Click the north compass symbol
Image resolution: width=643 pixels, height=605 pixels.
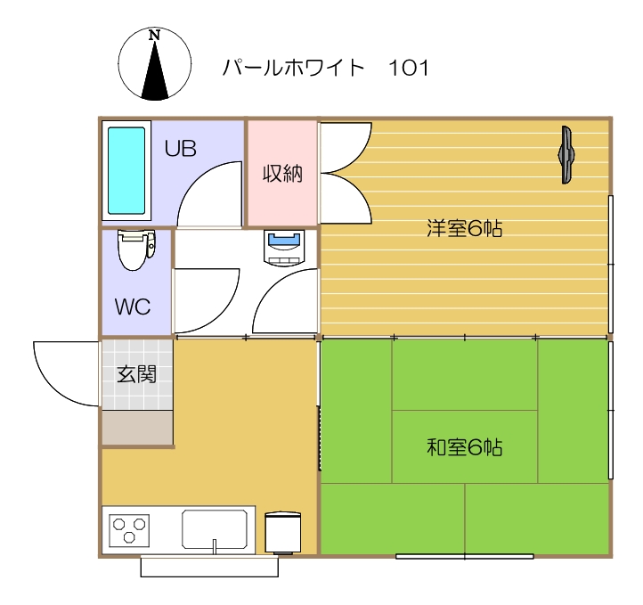pos(154,62)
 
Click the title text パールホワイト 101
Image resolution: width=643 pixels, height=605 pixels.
pos(326,68)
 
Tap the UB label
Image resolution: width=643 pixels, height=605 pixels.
pos(180,149)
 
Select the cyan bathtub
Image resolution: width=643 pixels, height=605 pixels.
pos(126,170)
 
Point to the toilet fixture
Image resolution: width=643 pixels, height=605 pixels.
pos(135,249)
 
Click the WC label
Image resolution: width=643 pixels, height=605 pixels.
pos(133,307)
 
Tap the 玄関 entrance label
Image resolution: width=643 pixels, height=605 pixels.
pos(136,374)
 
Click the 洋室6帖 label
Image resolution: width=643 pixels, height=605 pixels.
pos(464,229)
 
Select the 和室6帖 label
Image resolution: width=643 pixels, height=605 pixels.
pos(464,447)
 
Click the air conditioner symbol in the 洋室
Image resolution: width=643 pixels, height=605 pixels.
pos(566,155)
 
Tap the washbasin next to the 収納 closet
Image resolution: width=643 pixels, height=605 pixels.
pos(286,246)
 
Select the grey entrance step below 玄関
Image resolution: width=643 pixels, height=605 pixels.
pos(136,427)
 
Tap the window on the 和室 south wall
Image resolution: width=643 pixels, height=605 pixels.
pos(464,556)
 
